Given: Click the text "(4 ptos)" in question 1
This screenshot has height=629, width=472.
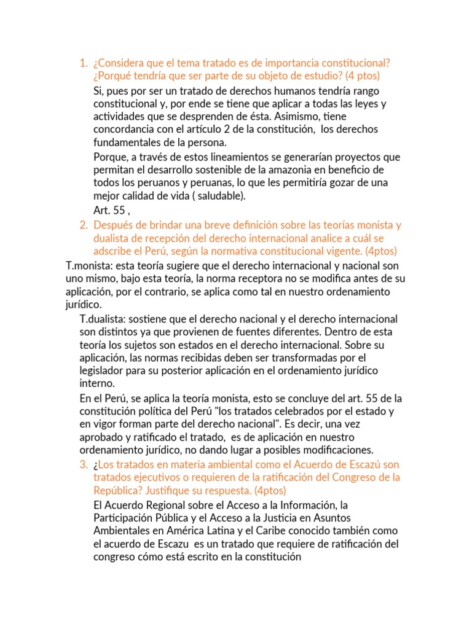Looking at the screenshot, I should [363, 76].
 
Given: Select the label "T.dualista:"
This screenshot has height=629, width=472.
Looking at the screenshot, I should [104, 319].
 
